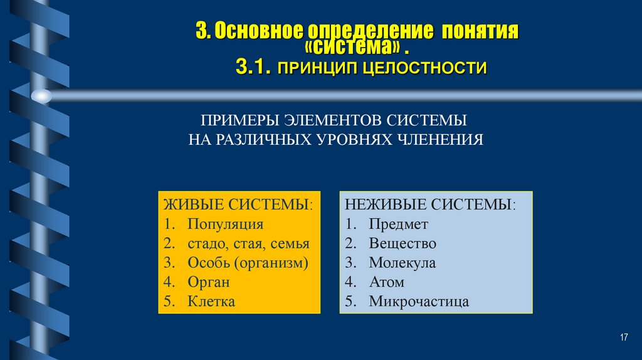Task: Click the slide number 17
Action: click(623, 338)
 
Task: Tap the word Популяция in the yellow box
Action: click(225, 224)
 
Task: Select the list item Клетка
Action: click(211, 301)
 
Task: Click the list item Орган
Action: click(209, 282)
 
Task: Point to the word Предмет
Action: click(398, 224)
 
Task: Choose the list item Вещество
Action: click(403, 243)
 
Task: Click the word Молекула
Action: click(402, 263)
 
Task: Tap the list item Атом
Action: click(387, 282)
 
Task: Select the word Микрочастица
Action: click(419, 301)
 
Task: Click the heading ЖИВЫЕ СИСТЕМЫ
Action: click(238, 204)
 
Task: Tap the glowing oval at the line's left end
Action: click(41, 96)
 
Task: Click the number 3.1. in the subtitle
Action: click(253, 68)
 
